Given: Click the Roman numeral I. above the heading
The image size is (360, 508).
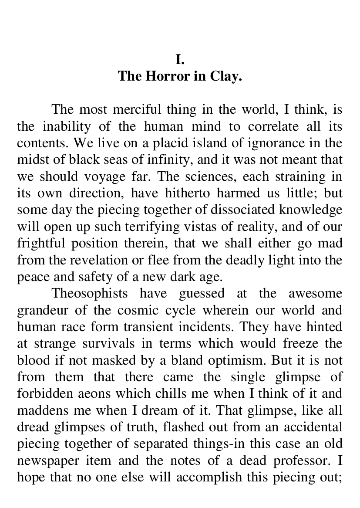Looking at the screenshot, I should (x=180, y=58).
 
